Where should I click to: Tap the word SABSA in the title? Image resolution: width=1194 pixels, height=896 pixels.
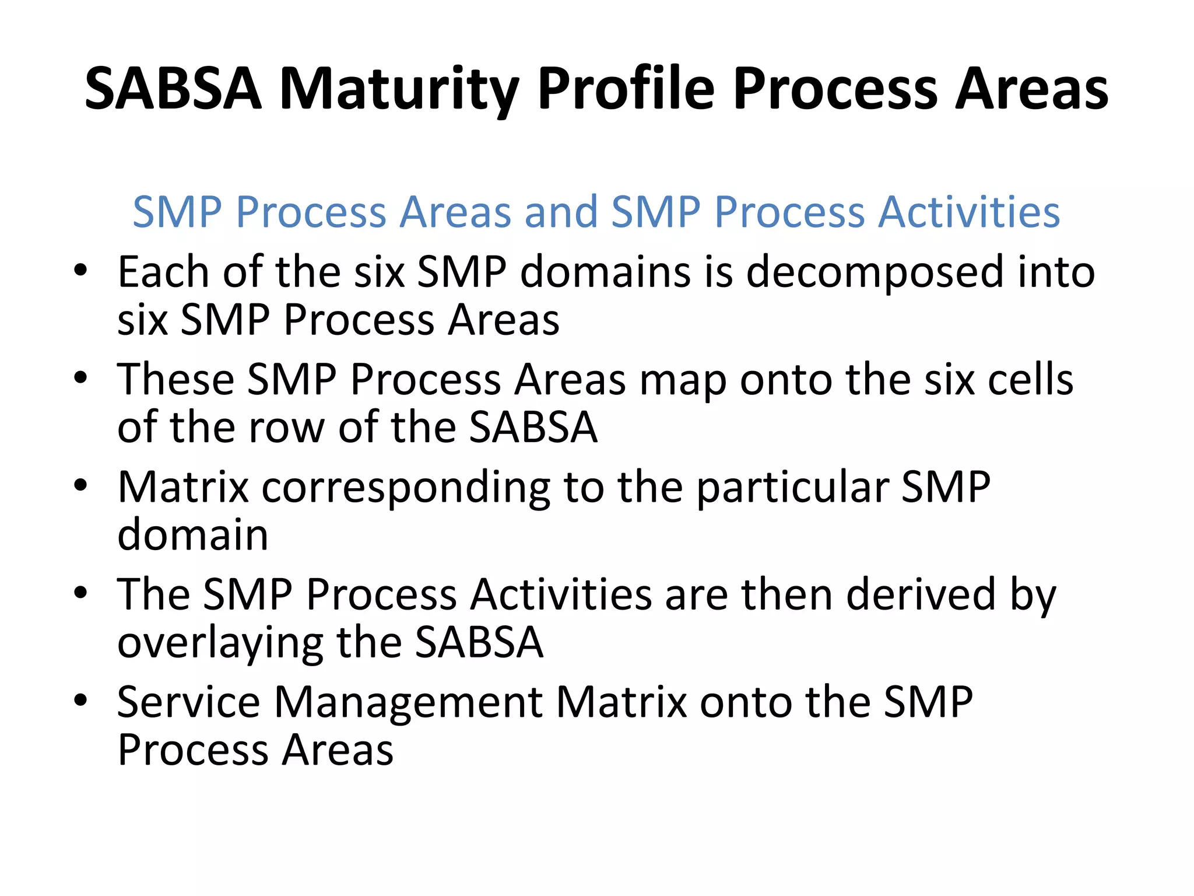click(x=173, y=89)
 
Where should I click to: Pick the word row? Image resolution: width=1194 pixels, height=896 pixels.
click(x=286, y=428)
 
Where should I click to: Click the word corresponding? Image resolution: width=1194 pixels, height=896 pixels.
click(x=406, y=488)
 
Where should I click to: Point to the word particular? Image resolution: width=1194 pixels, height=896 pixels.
click(x=792, y=488)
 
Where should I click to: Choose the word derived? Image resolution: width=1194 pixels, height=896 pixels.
click(x=921, y=595)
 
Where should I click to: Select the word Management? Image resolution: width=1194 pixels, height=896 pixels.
click(x=409, y=703)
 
